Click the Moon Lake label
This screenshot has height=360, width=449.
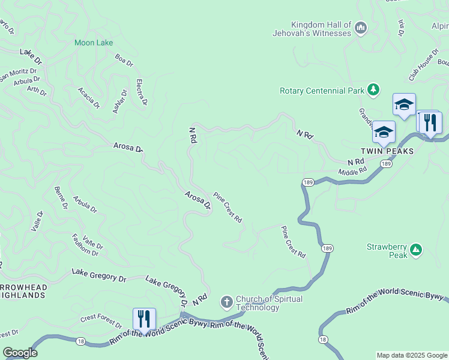[94, 43]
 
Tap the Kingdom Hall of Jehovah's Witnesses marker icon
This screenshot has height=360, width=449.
[361, 28]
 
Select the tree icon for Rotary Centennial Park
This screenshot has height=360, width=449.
[374, 90]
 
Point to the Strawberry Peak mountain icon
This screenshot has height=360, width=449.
[416, 249]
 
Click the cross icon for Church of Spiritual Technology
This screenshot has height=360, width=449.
[227, 302]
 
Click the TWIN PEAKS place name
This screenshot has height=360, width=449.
[387, 151]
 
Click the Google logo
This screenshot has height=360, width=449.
[20, 353]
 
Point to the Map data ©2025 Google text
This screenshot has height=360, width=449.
[412, 355]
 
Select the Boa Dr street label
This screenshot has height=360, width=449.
[124, 60]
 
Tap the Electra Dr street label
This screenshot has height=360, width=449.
[142, 92]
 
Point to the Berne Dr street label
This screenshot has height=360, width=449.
[61, 197]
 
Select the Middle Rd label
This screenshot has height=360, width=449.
[352, 172]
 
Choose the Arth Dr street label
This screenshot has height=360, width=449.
[37, 91]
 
